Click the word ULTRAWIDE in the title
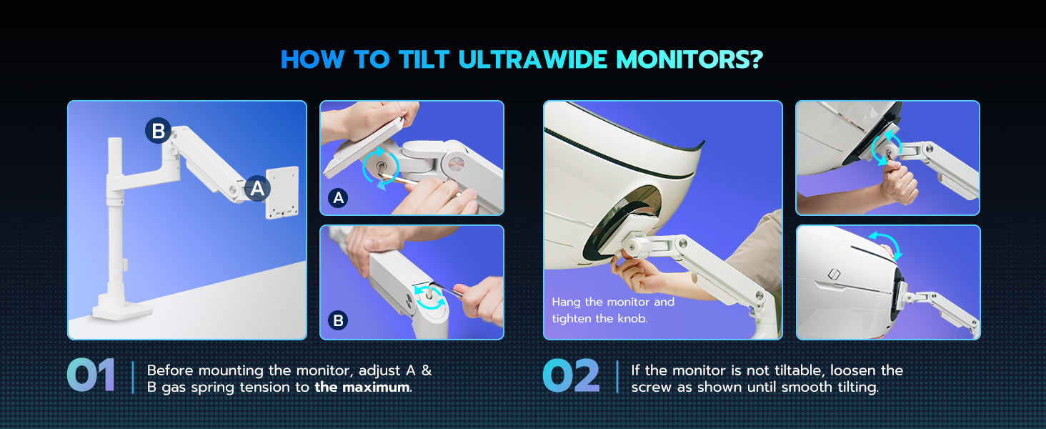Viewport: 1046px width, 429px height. pos(533,60)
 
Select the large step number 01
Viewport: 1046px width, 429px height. pos(91,375)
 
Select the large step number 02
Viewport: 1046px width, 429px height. pos(571,375)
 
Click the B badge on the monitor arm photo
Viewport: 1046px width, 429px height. pos(158,130)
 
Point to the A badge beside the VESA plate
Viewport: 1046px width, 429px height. pos(257,188)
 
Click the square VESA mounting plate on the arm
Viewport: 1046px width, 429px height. pos(282,192)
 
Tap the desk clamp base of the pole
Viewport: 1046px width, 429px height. pos(121,310)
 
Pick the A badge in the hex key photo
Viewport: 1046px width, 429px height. pos(338,198)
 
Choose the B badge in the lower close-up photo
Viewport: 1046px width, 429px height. pos(338,320)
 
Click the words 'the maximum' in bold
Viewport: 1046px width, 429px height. pos(362,388)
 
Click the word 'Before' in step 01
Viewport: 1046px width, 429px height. pos(170,370)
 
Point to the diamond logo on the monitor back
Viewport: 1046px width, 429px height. pos(834,275)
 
